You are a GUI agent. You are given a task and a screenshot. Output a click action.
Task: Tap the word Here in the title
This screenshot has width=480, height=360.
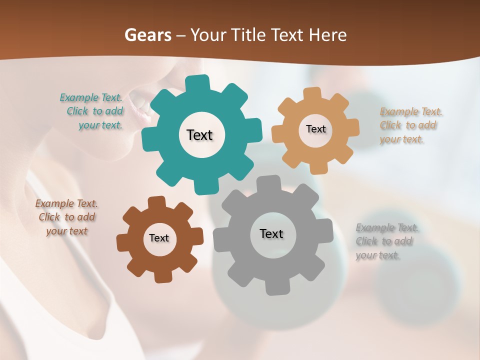point(327,35)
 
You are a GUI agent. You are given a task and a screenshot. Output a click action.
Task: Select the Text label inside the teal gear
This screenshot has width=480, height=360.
point(199,135)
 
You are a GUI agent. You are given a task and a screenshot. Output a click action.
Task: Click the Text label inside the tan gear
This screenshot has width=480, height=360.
point(315,129)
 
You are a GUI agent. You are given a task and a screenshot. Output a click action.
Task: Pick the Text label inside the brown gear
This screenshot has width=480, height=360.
point(159,238)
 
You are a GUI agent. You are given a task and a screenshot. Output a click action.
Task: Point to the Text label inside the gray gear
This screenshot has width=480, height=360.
point(271,233)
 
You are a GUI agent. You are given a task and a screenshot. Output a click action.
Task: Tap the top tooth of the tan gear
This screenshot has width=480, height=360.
point(312,93)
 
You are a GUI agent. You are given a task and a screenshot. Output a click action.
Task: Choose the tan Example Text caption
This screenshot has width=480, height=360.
point(408,125)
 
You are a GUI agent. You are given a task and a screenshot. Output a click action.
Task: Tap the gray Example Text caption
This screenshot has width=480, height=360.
point(385,241)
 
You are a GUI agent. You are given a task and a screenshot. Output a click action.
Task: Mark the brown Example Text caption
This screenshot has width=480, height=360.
point(66,217)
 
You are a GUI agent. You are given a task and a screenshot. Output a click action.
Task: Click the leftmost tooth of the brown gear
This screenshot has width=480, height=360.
point(123,242)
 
